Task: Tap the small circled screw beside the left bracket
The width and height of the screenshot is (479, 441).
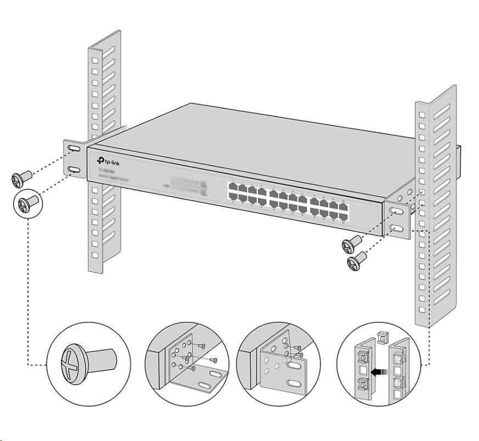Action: click(25, 205)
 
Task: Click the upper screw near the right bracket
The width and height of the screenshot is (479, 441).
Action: click(351, 242)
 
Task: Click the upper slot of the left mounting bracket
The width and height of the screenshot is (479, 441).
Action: click(73, 149)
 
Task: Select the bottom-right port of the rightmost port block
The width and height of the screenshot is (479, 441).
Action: click(343, 216)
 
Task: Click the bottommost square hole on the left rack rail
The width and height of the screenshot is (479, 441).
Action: click(95, 255)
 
